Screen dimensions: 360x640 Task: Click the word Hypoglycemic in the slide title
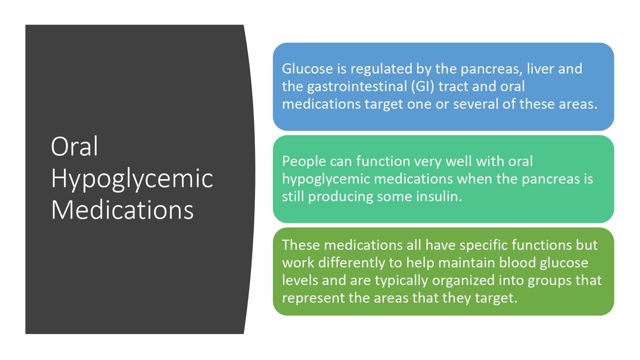coord(132,179)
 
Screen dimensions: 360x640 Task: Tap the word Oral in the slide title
coord(75,147)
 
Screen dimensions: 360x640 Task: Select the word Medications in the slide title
coord(122,210)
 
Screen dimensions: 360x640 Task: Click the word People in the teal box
coord(302,161)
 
